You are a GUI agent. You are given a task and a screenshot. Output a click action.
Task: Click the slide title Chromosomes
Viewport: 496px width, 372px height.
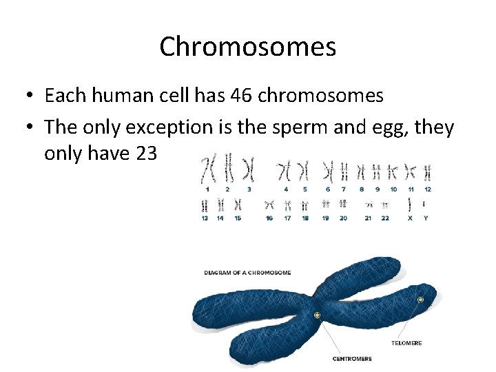247,47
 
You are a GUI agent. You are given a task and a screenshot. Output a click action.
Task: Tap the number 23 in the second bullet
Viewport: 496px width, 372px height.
146,154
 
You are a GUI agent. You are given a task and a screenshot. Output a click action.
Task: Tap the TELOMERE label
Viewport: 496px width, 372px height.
406,342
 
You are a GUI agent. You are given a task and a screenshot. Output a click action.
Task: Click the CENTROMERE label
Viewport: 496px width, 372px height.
352,359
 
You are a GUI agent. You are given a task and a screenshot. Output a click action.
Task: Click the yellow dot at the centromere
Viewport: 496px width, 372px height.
317,315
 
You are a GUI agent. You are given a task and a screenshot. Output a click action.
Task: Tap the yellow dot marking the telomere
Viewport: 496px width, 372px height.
420,300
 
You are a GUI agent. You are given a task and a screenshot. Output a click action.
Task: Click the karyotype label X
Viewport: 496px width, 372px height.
410,218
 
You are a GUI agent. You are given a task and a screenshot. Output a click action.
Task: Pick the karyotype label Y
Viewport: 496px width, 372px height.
425,218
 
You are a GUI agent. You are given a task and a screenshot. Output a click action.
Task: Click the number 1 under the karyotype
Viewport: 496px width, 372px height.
207,189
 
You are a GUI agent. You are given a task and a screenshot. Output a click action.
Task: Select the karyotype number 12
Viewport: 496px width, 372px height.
428,189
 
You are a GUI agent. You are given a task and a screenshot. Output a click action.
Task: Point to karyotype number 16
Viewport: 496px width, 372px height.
269,218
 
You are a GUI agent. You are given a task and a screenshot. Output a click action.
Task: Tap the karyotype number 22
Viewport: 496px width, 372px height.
385,218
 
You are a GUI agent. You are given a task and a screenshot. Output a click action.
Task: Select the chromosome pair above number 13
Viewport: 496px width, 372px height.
205,205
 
